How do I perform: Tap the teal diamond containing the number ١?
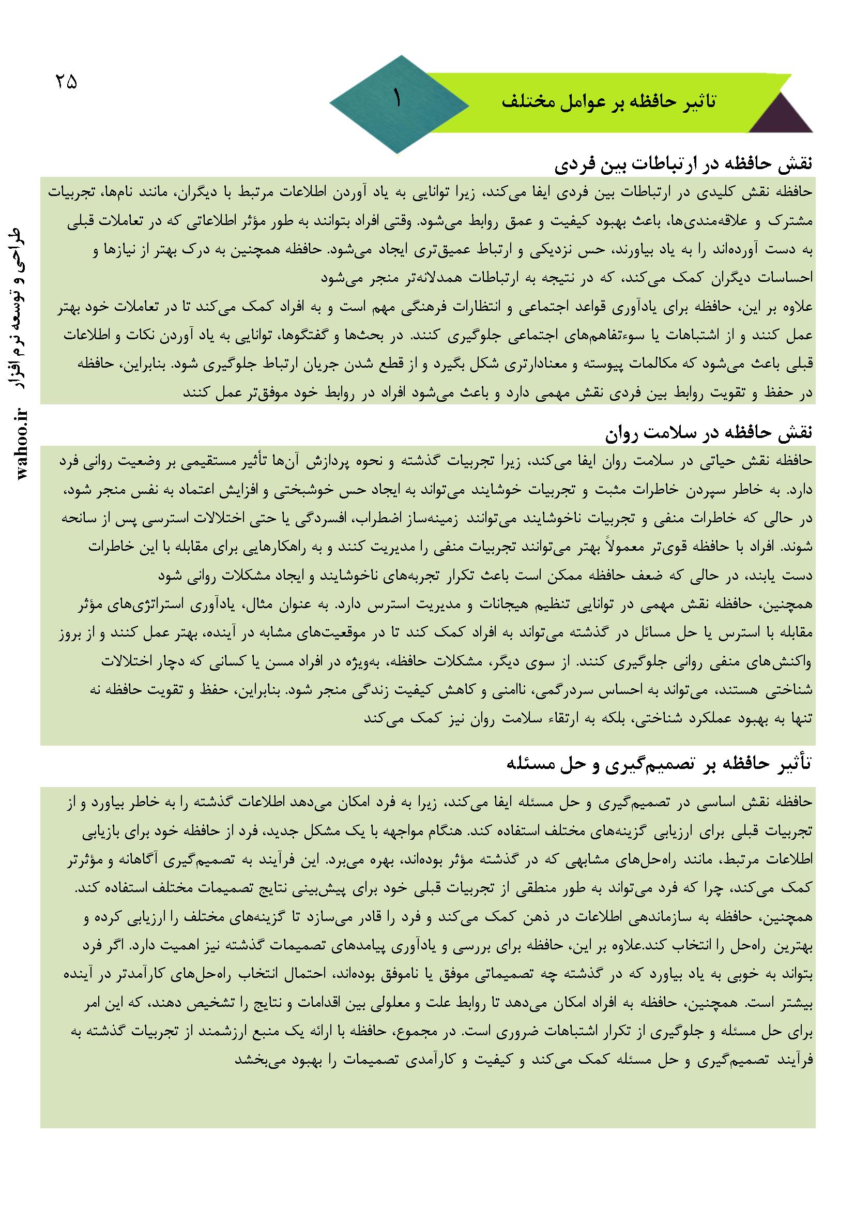(399, 105)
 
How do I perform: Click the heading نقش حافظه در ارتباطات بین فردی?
(684, 165)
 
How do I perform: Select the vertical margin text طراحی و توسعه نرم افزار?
(22, 310)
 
